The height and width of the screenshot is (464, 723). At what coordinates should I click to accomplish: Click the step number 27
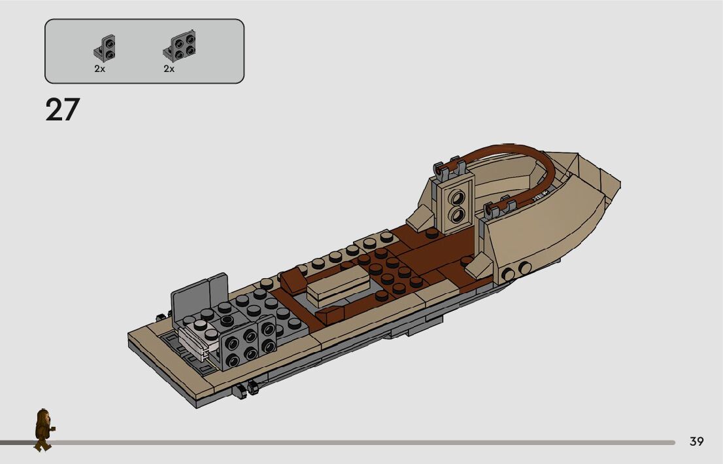click(x=63, y=110)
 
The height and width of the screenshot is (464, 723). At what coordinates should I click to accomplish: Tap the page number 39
click(x=696, y=441)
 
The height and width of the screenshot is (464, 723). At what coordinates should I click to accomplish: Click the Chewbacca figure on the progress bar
click(x=44, y=429)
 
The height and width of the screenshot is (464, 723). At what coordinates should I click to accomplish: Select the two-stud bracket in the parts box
click(x=105, y=48)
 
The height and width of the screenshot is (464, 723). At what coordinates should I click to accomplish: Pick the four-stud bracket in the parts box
click(x=179, y=46)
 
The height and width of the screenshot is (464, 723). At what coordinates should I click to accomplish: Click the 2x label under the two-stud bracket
click(x=99, y=69)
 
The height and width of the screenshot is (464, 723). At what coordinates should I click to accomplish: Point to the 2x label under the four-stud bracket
click(x=169, y=69)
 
